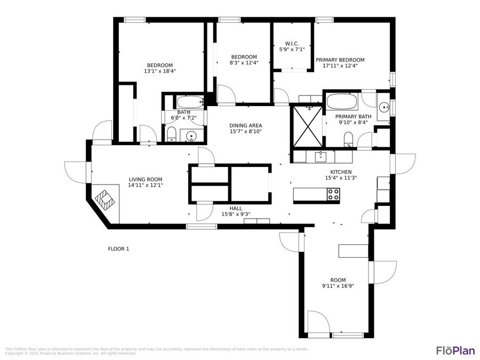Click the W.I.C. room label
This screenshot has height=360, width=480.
coord(291,43)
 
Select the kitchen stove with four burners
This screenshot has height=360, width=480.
coord(333,195)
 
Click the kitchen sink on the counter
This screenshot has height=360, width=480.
coord(321,156)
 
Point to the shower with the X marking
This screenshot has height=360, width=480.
coord(307,126)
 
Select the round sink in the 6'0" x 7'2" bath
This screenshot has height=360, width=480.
coord(191,137)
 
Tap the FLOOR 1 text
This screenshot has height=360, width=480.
coord(118,249)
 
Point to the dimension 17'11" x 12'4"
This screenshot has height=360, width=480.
coord(340,66)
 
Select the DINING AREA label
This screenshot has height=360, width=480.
coord(245,125)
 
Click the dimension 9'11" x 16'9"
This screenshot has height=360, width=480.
coord(338,286)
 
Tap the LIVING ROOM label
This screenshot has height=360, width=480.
coord(145,179)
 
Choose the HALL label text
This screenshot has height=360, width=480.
coord(236,209)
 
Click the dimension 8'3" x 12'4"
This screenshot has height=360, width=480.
coord(244,63)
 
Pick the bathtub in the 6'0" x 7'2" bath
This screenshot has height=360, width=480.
coord(190,101)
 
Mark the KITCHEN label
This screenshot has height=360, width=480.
coord(341,172)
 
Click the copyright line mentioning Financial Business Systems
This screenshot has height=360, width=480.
coord(69,353)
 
